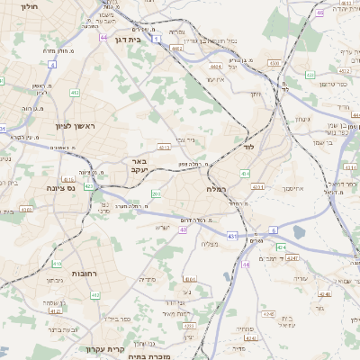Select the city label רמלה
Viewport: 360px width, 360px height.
pyautogui.click(x=219, y=190)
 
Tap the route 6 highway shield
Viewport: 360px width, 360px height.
pyautogui.click(x=274, y=229)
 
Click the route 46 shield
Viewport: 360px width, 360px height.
pyautogui.click(x=320, y=13)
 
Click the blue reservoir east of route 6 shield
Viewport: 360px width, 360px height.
pyautogui.click(x=300, y=232)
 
